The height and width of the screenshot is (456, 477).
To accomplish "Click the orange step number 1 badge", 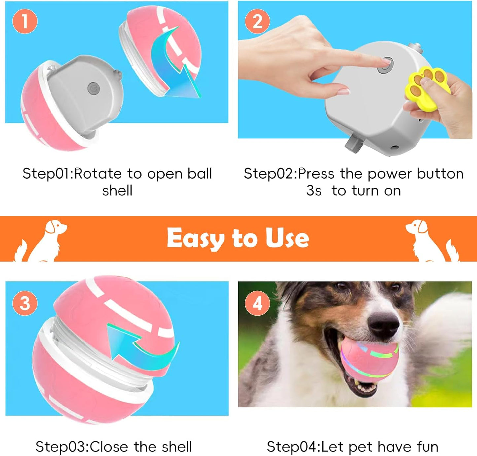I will pos(25,21).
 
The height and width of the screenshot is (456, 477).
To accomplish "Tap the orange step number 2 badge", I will pos(257,21).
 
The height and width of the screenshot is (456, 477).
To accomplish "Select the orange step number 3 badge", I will pos(25,303).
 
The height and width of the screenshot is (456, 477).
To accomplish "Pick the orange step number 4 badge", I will pos(257,303).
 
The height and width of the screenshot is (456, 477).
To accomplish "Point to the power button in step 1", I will pos(94,89).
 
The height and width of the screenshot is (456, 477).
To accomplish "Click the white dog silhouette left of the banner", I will pos(41,241).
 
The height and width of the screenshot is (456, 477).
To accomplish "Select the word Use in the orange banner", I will pos(287,238).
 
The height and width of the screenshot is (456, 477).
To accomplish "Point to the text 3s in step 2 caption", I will pos(314,191).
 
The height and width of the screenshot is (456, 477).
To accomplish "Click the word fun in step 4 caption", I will pos(427,447).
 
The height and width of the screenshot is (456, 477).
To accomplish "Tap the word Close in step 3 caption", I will pos(109,447).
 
